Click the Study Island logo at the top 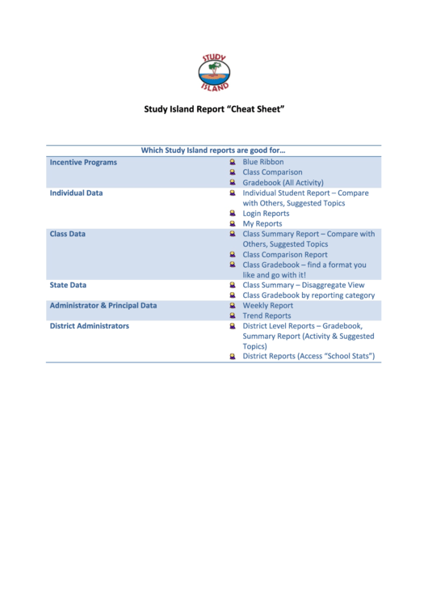pos(214,72)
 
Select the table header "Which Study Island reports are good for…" pos(213,150)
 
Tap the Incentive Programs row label pos(83,162)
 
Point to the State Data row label pos(68,285)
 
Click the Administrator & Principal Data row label pos(103,306)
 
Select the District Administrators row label pos(89,326)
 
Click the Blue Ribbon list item pos(263,162)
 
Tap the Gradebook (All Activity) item pos(283,183)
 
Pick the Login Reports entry pos(266,214)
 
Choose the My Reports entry pos(262,223)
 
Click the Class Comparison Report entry pos(285,254)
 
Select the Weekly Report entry pos(267,306)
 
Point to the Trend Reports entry pos(266,316)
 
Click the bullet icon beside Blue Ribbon pos(232,162)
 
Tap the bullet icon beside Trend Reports pos(232,316)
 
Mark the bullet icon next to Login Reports pos(232,214)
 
